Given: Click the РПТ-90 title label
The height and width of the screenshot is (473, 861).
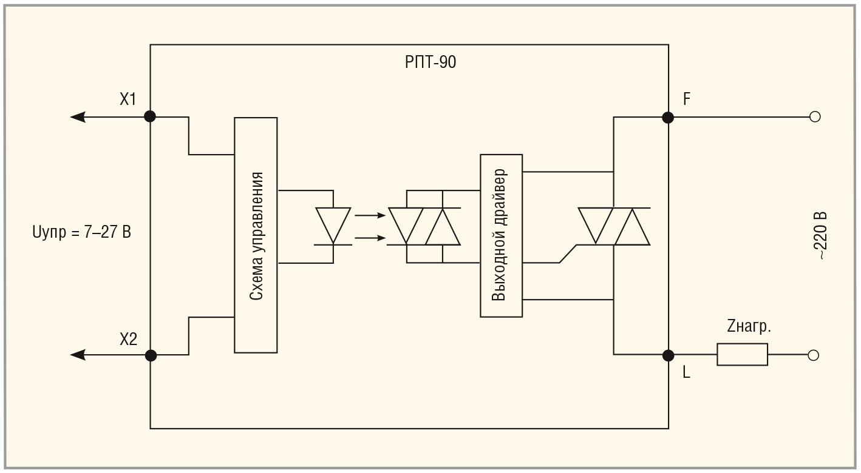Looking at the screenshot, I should [431, 62].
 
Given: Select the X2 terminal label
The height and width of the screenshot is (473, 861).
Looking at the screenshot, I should [128, 340].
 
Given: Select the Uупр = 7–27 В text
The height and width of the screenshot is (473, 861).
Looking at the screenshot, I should [81, 232].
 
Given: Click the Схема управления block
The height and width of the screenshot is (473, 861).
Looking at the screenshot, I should [256, 235].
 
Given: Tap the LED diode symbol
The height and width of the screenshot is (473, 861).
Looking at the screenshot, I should [333, 226].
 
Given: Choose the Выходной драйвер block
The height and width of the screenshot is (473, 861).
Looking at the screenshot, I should [501, 235].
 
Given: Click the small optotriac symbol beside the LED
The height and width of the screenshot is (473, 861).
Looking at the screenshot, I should [424, 226].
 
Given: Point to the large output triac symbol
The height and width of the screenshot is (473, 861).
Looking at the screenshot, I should [614, 226].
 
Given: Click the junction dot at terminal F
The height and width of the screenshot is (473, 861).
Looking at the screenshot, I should [668, 117].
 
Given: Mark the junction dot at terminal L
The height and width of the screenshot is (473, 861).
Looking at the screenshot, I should [668, 355].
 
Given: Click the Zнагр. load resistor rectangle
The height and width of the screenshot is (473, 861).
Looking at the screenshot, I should [742, 355].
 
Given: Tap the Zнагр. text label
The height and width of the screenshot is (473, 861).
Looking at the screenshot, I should [749, 327].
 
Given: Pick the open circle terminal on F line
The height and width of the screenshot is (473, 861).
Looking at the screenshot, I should [815, 117].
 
